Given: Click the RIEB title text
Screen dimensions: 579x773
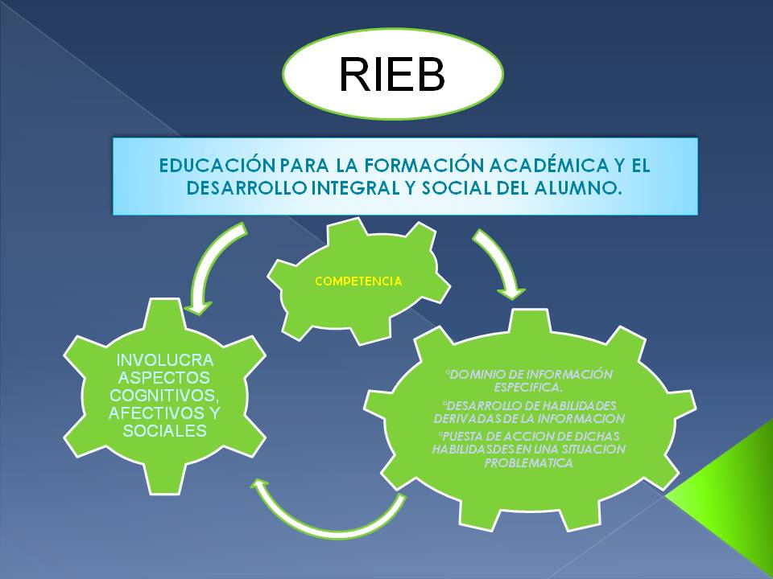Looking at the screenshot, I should click(392, 75).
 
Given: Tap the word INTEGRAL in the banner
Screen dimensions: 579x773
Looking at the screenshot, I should click(361, 187).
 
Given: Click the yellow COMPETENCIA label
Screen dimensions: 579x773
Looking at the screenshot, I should click(358, 281).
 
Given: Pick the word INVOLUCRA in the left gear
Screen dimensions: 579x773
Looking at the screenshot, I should click(165, 359).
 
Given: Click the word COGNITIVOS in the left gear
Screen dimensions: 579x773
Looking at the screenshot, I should click(164, 395).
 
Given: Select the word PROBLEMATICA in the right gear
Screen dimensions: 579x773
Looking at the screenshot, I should click(528, 463).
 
